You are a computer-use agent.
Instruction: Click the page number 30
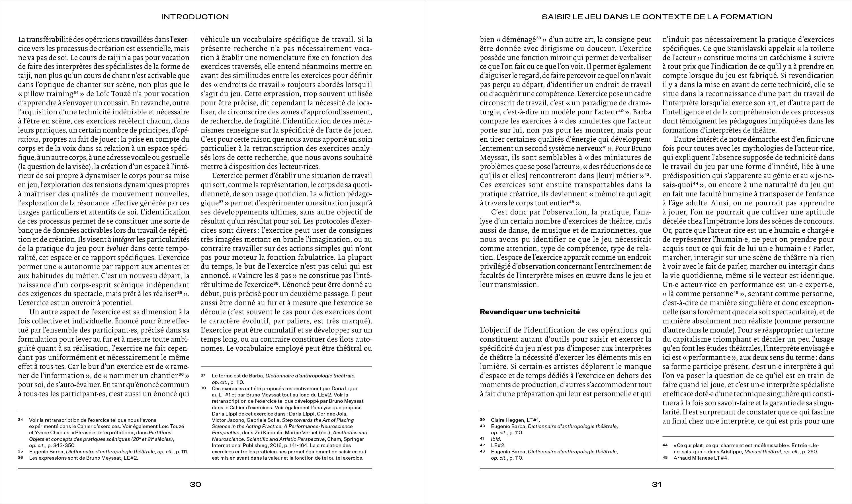click(x=196, y=485)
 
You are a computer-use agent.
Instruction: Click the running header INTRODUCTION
click(x=195, y=17)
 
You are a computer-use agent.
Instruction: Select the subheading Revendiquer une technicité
click(x=530, y=312)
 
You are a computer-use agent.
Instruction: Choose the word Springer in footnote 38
click(x=355, y=439)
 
